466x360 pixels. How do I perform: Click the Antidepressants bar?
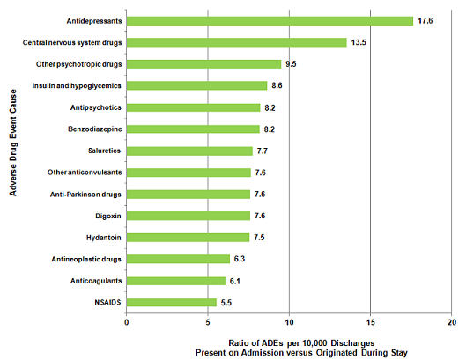coord(270,21)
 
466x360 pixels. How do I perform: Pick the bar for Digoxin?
coord(189,216)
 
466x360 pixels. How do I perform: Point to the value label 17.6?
coord(426,21)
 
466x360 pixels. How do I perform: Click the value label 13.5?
coord(359,42)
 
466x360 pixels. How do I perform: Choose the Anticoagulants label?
coord(93,280)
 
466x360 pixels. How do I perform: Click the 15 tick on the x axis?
coord(370,323)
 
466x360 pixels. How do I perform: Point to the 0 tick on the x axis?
coord(127,323)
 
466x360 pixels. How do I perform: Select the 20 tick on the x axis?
coord(451,323)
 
